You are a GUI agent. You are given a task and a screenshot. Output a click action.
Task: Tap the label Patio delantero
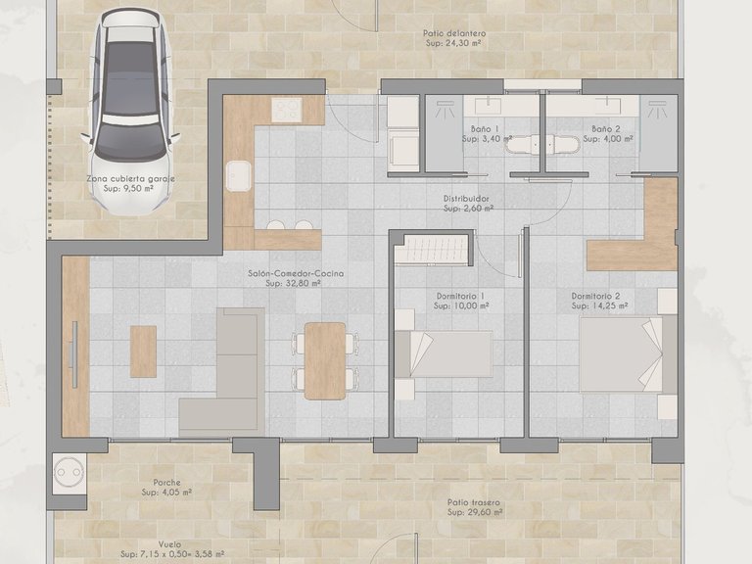click(x=455, y=33)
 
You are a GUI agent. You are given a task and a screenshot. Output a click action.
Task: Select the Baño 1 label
click(x=484, y=129)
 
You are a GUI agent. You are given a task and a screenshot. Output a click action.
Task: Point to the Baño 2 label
click(x=606, y=129)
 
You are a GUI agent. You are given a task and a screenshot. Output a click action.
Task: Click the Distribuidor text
click(x=466, y=198)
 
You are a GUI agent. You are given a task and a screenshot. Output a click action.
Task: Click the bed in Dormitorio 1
click(x=443, y=353)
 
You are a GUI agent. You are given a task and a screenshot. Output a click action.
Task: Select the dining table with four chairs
click(x=324, y=360)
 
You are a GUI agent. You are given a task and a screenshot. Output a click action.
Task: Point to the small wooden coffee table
click(x=143, y=351)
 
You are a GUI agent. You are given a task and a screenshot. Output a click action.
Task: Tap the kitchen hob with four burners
click(x=284, y=111)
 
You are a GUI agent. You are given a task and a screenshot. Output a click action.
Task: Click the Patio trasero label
click(x=474, y=502)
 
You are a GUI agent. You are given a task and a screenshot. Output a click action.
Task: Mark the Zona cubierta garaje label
click(x=131, y=179)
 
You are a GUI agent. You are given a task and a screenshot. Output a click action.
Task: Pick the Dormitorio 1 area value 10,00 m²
click(x=461, y=305)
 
